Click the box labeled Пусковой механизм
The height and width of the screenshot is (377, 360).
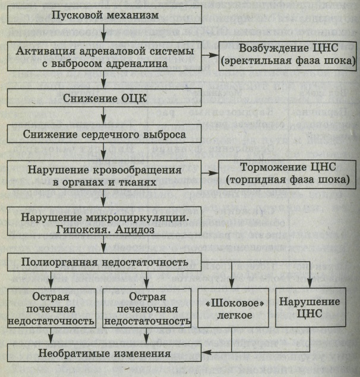(105, 15)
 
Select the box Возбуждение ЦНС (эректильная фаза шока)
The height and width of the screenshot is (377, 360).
(288, 56)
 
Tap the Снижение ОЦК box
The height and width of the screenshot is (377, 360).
(104, 98)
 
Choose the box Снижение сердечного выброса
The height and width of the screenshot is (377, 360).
(104, 134)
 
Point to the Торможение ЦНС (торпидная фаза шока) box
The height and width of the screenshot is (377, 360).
(287, 175)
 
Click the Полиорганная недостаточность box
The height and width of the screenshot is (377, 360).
(104, 262)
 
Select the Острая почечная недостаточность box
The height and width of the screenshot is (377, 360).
(52, 308)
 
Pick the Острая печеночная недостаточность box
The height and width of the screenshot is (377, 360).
(147, 308)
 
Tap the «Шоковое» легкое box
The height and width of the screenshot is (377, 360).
(233, 308)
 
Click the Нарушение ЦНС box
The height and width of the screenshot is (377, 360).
(311, 308)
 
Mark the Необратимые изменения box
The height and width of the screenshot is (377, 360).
(104, 353)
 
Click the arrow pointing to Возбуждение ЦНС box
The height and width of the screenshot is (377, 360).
(210, 55)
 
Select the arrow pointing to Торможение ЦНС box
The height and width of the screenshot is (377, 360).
(210, 173)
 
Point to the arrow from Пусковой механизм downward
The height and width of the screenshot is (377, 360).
(103, 33)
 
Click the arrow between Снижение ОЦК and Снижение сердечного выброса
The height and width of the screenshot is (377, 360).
(103, 116)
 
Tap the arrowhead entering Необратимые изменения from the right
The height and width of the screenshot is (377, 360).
(207, 352)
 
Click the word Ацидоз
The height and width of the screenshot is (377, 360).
(135, 230)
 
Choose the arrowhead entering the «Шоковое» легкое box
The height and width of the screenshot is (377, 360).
(232, 283)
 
